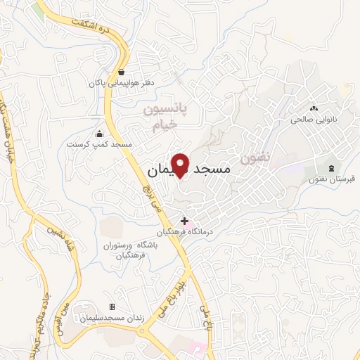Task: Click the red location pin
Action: (181, 165)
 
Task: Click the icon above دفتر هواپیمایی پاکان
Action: (122, 72)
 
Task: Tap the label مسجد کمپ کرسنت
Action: (99, 144)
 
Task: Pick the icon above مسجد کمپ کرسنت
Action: (99, 134)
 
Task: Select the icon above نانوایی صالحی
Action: (314, 109)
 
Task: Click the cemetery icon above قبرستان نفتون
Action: (331, 167)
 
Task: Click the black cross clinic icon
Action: (184, 221)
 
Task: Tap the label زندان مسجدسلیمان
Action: (112, 319)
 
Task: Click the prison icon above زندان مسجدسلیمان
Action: (112, 307)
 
